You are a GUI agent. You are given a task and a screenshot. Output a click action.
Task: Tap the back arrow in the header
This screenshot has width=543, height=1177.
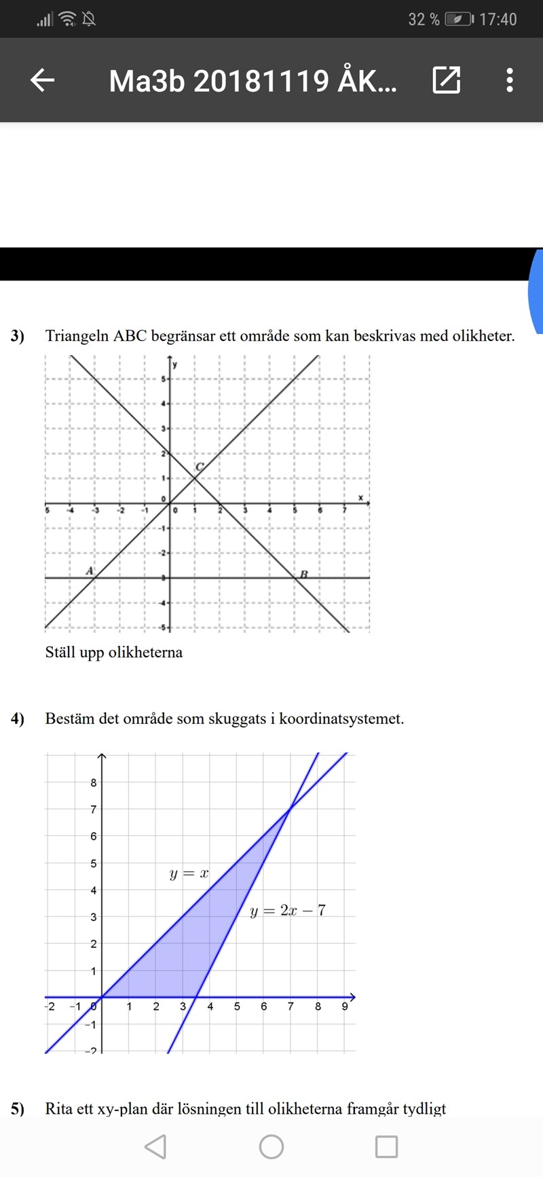tap(42, 80)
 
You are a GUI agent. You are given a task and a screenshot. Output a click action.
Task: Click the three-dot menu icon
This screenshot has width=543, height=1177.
tap(510, 80)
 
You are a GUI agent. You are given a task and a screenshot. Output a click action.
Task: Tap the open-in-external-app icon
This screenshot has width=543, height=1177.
tap(447, 80)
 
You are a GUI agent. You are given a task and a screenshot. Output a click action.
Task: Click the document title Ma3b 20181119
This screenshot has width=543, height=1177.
tap(252, 81)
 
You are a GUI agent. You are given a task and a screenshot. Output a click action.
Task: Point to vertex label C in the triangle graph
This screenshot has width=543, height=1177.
tap(200, 467)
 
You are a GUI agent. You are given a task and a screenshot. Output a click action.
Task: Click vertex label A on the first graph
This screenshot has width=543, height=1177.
tap(90, 571)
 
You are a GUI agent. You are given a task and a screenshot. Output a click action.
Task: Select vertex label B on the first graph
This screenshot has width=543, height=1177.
tap(304, 574)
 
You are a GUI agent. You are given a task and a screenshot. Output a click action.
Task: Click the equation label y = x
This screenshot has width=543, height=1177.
tap(189, 873)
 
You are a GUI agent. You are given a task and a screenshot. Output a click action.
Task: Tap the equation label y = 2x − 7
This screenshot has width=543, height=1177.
tap(287, 911)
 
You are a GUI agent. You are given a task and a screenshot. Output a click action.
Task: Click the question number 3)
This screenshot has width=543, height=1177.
tap(18, 336)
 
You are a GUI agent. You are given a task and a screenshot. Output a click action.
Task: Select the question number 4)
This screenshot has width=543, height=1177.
tap(18, 719)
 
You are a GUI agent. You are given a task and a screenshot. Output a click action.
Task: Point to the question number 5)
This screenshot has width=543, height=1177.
tap(18, 1109)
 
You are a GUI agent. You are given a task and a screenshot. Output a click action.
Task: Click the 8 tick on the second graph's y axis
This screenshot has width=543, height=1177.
tap(94, 782)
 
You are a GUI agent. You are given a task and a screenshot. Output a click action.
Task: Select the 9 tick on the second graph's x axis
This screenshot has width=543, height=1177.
tap(345, 1007)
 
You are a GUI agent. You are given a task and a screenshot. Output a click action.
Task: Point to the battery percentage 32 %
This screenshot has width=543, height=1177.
tap(424, 19)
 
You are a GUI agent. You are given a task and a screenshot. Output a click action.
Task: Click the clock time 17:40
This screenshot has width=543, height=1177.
tap(498, 19)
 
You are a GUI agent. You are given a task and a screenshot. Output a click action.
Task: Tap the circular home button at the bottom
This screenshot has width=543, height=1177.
tap(271, 1146)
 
